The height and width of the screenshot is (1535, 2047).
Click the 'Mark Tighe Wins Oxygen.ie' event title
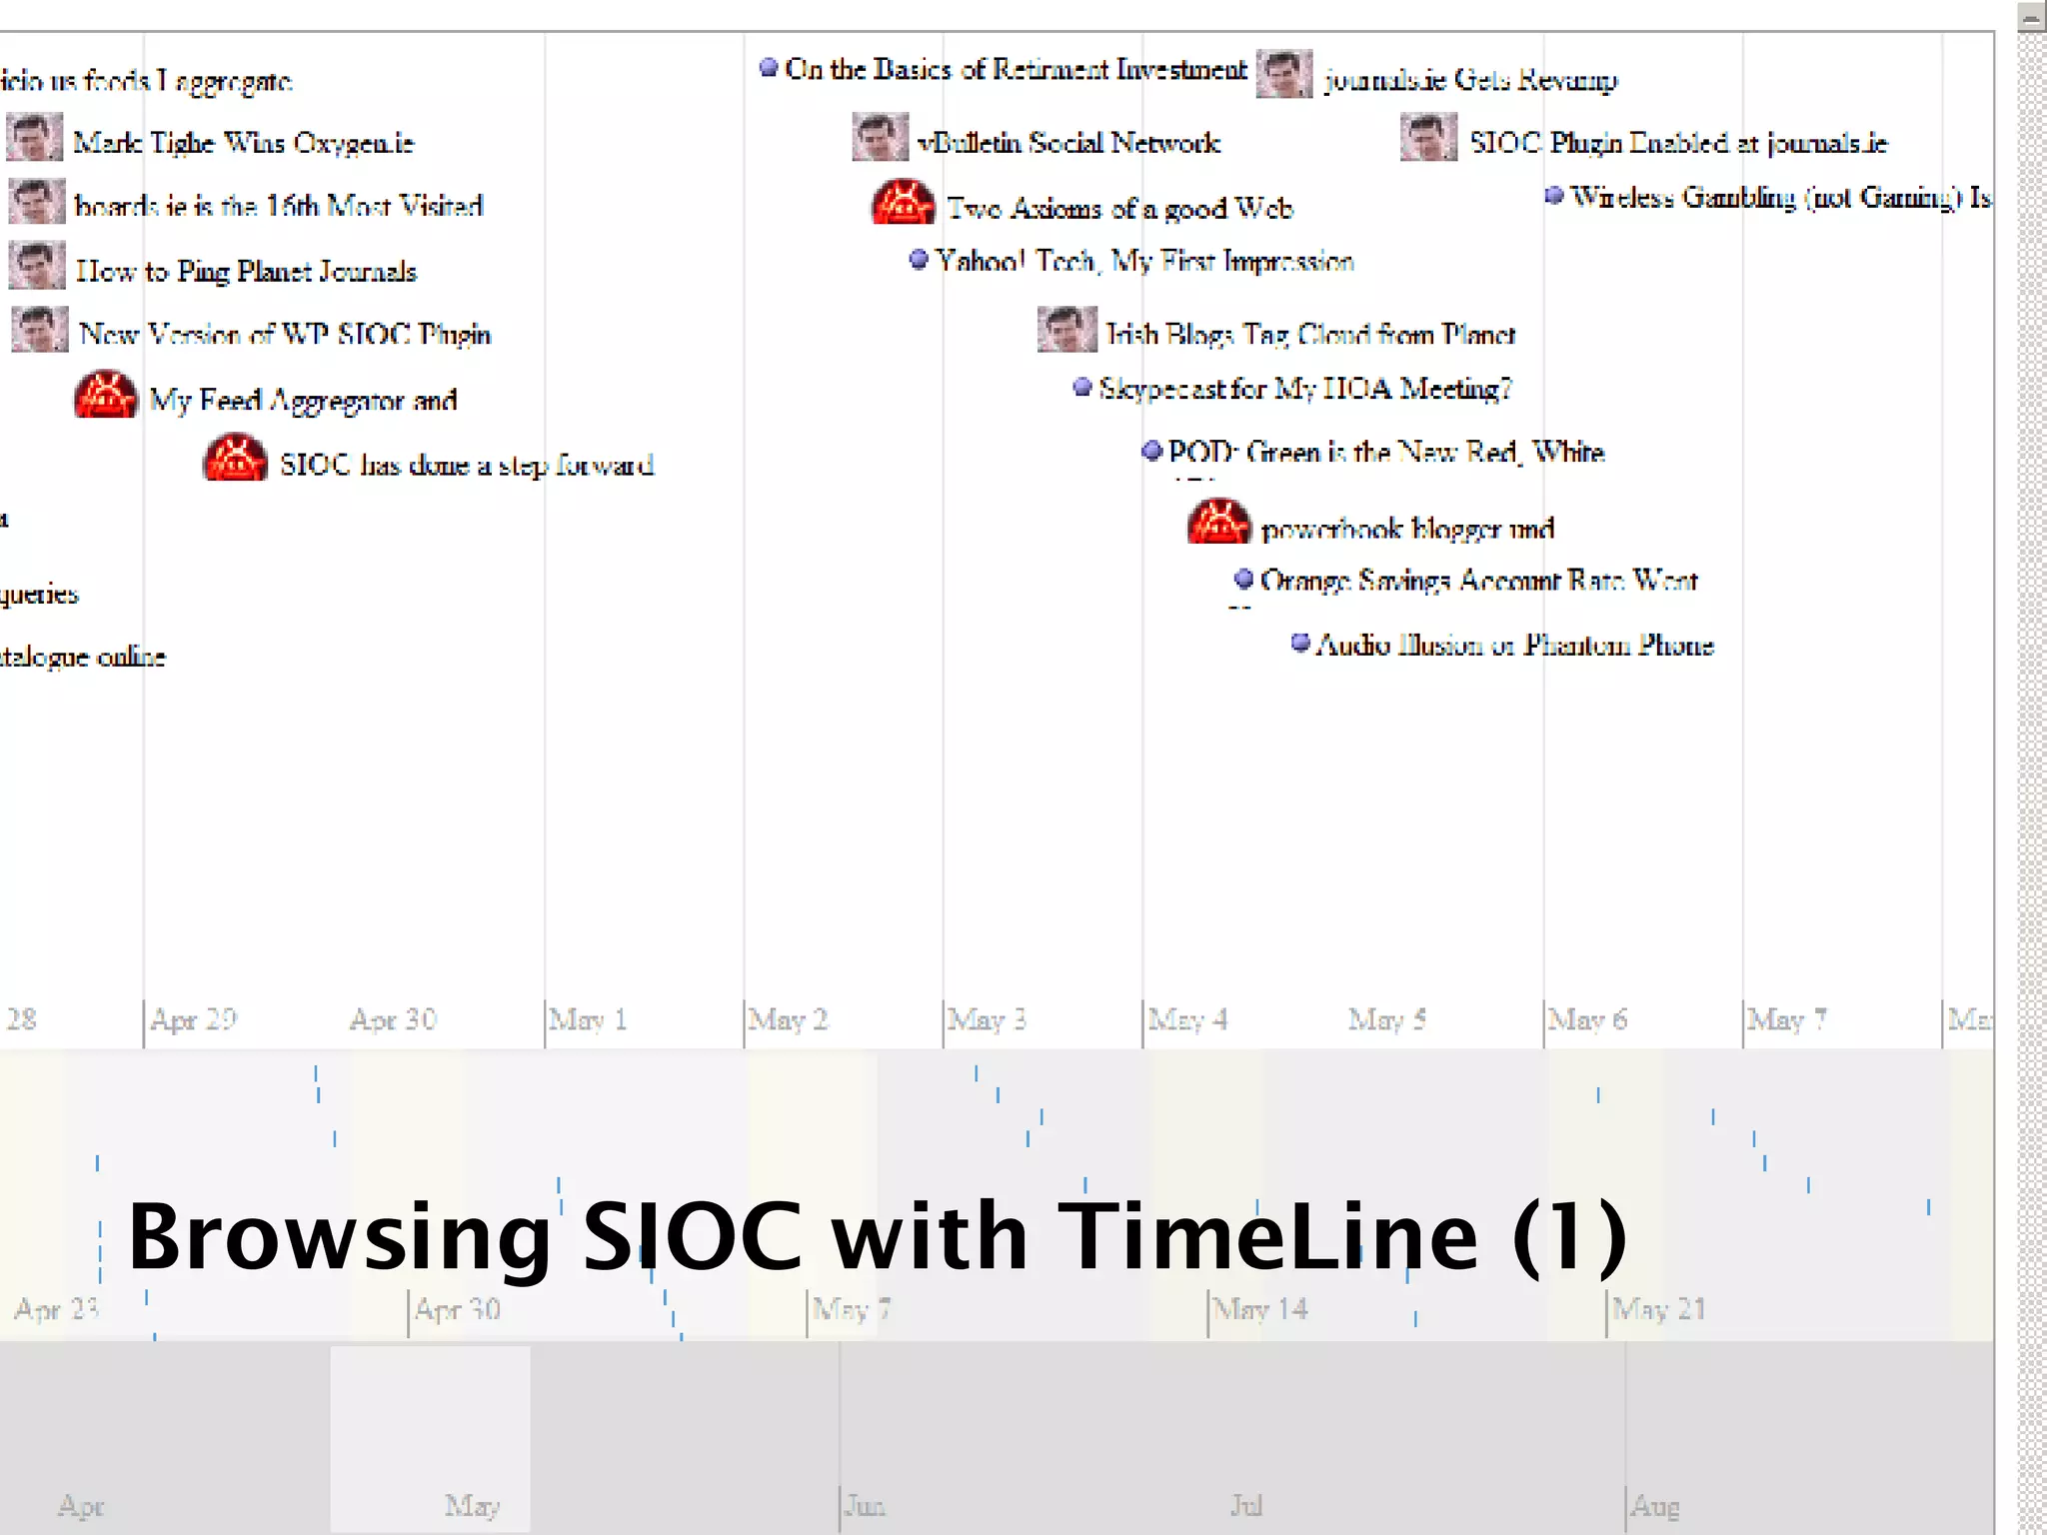coord(243,143)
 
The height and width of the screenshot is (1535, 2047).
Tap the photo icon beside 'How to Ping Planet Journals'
coord(37,266)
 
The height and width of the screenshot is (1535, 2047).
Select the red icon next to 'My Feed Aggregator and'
coord(106,395)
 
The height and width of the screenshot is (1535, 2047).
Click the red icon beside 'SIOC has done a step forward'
coord(235,459)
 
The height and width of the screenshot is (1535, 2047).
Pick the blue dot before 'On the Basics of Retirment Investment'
coord(769,67)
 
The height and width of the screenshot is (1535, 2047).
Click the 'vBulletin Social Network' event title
coord(1068,143)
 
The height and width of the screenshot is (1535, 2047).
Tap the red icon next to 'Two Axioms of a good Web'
coord(904,203)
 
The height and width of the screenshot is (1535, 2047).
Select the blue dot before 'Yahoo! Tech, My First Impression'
coord(919,260)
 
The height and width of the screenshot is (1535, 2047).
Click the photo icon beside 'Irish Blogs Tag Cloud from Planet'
coord(1067,330)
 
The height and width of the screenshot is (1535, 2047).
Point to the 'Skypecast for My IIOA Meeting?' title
coord(1305,388)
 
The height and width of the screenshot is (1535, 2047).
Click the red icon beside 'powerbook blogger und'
coord(1218,523)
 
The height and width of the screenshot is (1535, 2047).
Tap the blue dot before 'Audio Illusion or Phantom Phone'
coord(1300,643)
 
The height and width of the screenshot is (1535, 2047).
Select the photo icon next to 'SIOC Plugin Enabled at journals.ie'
coord(1428,138)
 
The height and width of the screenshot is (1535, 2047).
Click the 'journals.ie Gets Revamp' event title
coord(1470,79)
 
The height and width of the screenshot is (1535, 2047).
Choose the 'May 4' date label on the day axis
coord(1187,1019)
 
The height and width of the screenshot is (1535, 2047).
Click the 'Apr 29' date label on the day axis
coord(194,1019)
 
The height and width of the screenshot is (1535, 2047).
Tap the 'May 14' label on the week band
coord(1261,1308)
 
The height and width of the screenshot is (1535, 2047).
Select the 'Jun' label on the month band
coord(866,1505)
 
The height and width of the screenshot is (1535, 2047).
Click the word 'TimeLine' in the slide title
coord(1267,1237)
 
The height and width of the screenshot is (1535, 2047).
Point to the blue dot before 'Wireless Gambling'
coord(1553,196)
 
